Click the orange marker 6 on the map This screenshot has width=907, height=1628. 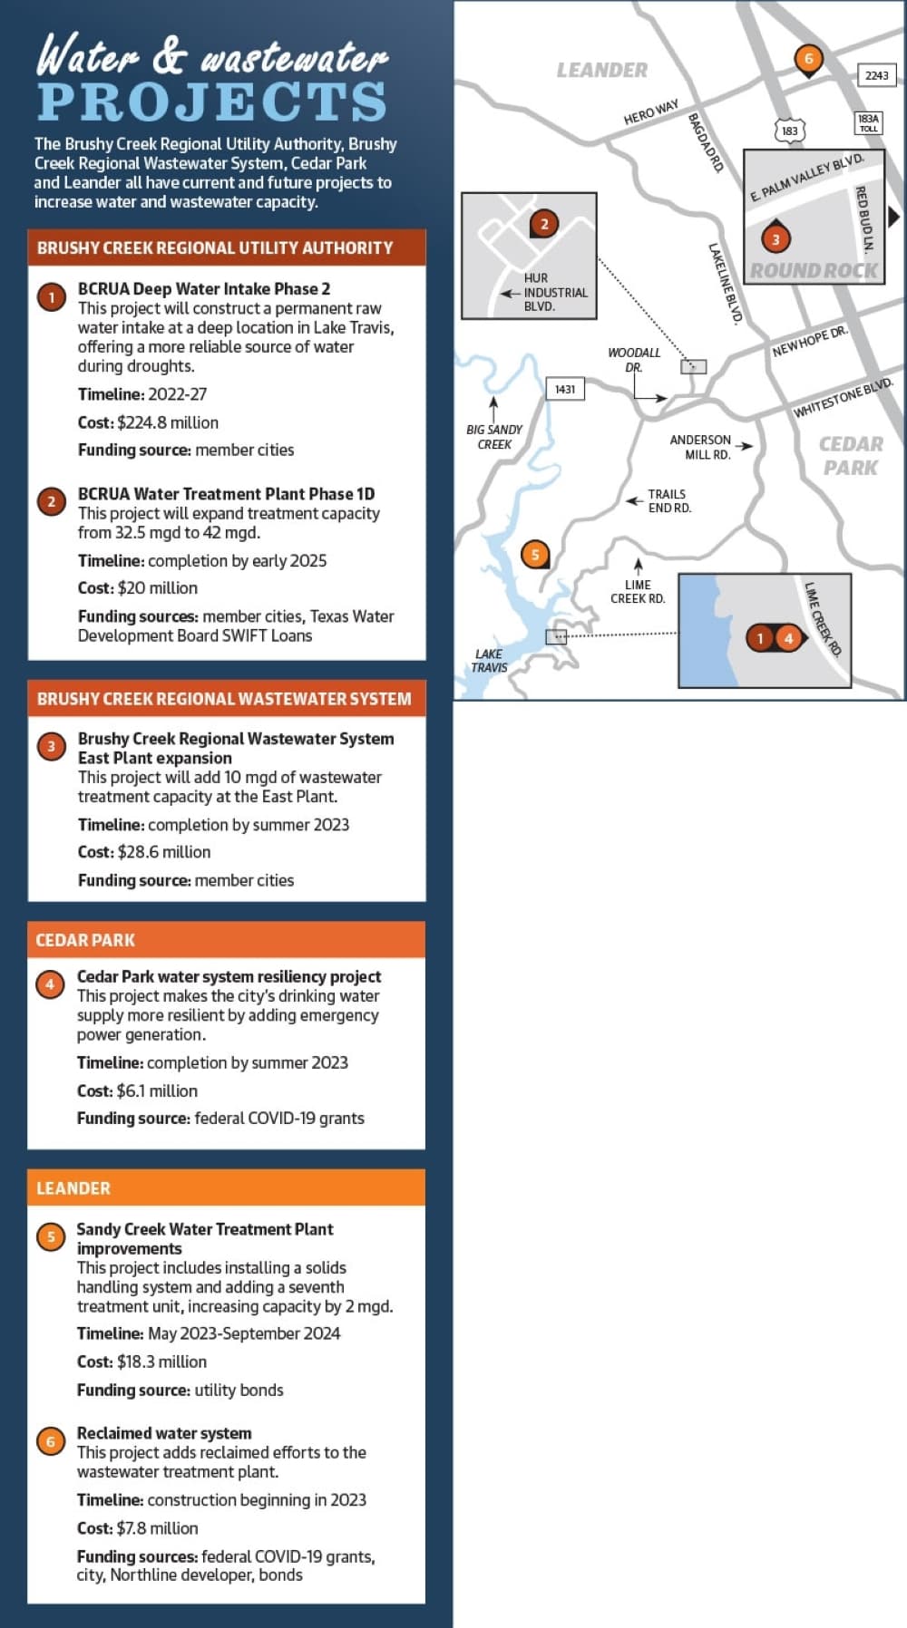pyautogui.click(x=808, y=60)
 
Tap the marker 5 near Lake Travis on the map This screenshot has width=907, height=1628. pyautogui.click(x=535, y=555)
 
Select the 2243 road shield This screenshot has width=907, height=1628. pyautogui.click(x=876, y=75)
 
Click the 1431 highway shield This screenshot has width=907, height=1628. pyautogui.click(x=565, y=389)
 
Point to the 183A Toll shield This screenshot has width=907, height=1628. pyautogui.click(x=868, y=123)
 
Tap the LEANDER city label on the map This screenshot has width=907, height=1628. pyautogui.click(x=602, y=70)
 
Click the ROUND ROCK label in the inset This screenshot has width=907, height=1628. pyautogui.click(x=814, y=270)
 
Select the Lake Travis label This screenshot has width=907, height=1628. pyautogui.click(x=489, y=660)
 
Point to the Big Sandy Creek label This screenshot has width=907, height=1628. pyautogui.click(x=494, y=437)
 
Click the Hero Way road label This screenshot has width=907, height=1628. pyautogui.click(x=651, y=112)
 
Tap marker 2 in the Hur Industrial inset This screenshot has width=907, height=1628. pyautogui.click(x=544, y=224)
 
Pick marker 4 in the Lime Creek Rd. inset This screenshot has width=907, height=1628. pyautogui.click(x=789, y=638)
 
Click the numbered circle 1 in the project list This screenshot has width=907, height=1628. pyautogui.click(x=52, y=297)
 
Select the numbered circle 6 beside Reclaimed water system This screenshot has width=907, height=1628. pyautogui.click(x=50, y=1441)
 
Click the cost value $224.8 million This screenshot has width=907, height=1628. pyautogui.click(x=168, y=422)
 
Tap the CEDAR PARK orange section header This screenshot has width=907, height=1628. pyautogui.click(x=226, y=940)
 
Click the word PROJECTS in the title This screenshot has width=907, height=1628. pyautogui.click(x=212, y=102)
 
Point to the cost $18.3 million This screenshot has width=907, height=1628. pyautogui.click(x=161, y=1362)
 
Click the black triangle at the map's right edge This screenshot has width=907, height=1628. pyautogui.click(x=893, y=217)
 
